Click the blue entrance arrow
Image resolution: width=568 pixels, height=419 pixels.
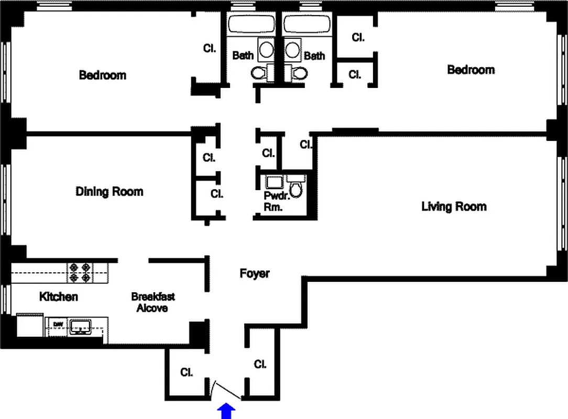pos(226,411)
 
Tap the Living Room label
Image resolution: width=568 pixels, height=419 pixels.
pos(454,206)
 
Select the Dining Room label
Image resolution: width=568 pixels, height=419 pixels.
pos(109,191)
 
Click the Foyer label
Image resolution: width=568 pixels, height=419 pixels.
pos(255,273)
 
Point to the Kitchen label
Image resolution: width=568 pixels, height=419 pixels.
pos(59,296)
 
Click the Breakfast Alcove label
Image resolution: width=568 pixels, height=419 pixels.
pos(152,302)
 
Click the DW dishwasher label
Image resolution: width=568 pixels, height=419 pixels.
pos(58,324)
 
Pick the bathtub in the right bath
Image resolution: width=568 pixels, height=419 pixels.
pos(307,25)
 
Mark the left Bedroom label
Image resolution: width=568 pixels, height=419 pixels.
pos(102,75)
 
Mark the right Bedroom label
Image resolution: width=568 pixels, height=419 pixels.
pos(471,69)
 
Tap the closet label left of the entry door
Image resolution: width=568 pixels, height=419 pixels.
pos(186,372)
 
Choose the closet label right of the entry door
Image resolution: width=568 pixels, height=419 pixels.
pos(260,364)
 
